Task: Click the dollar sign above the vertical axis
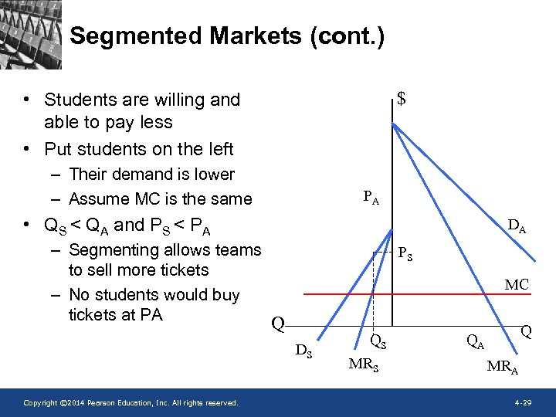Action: pyautogui.click(x=402, y=99)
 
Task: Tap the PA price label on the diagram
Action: pyautogui.click(x=371, y=198)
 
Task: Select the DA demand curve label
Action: pyautogui.click(x=517, y=226)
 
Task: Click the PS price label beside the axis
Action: pyautogui.click(x=405, y=253)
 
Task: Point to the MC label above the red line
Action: pyautogui.click(x=517, y=285)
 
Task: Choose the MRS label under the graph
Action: pyautogui.click(x=363, y=364)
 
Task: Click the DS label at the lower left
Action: pyautogui.click(x=304, y=351)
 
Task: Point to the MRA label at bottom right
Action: pyautogui.click(x=502, y=367)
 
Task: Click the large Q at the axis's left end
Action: pyautogui.click(x=279, y=324)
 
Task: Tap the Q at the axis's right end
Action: pyautogui.click(x=526, y=331)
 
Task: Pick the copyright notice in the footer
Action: pyautogui.click(x=131, y=403)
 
